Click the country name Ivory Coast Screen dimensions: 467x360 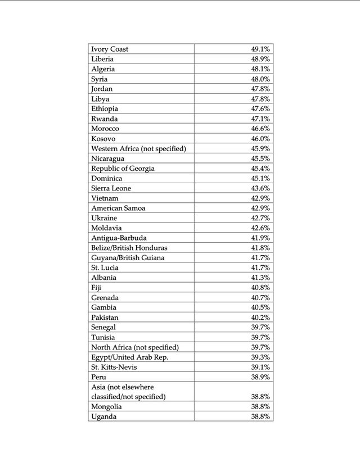tap(110, 49)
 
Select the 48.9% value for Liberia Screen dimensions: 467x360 tap(260, 59)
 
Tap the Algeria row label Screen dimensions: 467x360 tap(103, 69)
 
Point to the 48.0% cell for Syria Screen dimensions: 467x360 tap(260, 79)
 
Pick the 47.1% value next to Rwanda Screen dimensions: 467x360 tap(260, 119)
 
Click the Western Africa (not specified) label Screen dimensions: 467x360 tap(138, 148)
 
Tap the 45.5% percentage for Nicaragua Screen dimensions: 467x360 tap(260, 158)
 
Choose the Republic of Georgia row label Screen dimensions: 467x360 tap(123, 168)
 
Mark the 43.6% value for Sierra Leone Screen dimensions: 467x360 tap(260, 188)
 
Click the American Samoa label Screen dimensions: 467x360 tap(118, 208)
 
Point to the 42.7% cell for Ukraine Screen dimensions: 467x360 tap(260, 218)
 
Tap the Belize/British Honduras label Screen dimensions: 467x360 tap(129, 248)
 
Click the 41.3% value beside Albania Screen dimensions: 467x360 tap(260, 278)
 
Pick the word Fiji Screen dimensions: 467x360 tap(96, 288)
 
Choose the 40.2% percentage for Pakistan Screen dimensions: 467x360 tap(260, 318)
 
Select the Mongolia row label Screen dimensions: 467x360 tap(107, 406)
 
